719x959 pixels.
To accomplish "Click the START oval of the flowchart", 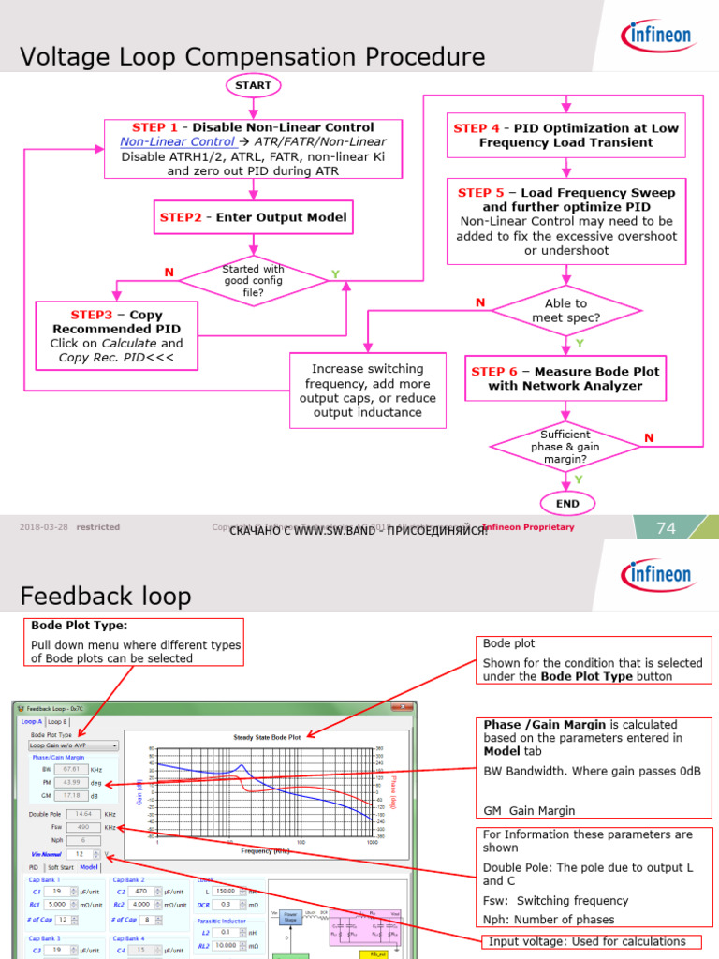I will tap(253, 85).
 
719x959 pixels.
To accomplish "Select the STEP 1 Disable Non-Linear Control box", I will tap(253, 148).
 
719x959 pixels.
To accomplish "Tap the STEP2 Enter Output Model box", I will tap(253, 217).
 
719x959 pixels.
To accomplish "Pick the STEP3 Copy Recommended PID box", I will tap(116, 335).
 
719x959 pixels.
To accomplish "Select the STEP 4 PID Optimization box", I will tap(565, 136).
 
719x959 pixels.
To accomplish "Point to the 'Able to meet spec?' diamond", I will tap(565, 311).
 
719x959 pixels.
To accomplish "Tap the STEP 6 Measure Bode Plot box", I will tap(565, 378).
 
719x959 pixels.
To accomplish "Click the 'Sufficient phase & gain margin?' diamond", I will tap(565, 447).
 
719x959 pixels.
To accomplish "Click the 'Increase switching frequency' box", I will tap(367, 391).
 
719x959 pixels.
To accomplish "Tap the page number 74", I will tap(666, 528).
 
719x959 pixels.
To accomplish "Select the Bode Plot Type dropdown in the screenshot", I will tap(74, 745).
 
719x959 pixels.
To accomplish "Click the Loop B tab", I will tap(58, 722).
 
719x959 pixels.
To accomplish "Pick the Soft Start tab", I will tap(60, 867).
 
